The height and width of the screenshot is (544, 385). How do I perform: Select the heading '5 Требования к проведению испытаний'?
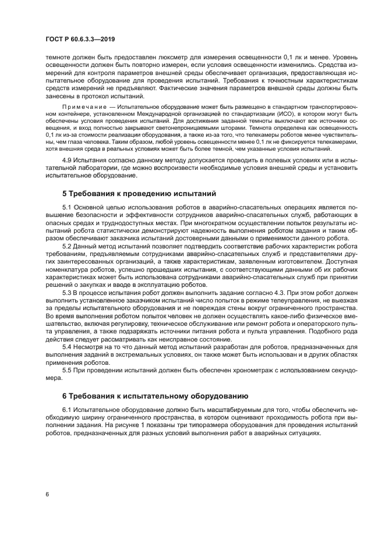pyautogui.click(x=139, y=193)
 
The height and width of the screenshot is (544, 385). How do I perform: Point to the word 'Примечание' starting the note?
pyautogui.click(x=87, y=108)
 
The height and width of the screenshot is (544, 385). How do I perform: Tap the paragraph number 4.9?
pyautogui.click(x=68, y=159)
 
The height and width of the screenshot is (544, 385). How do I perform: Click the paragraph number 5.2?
pyautogui.click(x=68, y=247)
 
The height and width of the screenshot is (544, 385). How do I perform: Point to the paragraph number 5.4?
pyautogui.click(x=68, y=347)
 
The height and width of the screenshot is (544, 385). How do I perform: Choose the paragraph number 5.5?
pyautogui.click(x=68, y=370)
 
